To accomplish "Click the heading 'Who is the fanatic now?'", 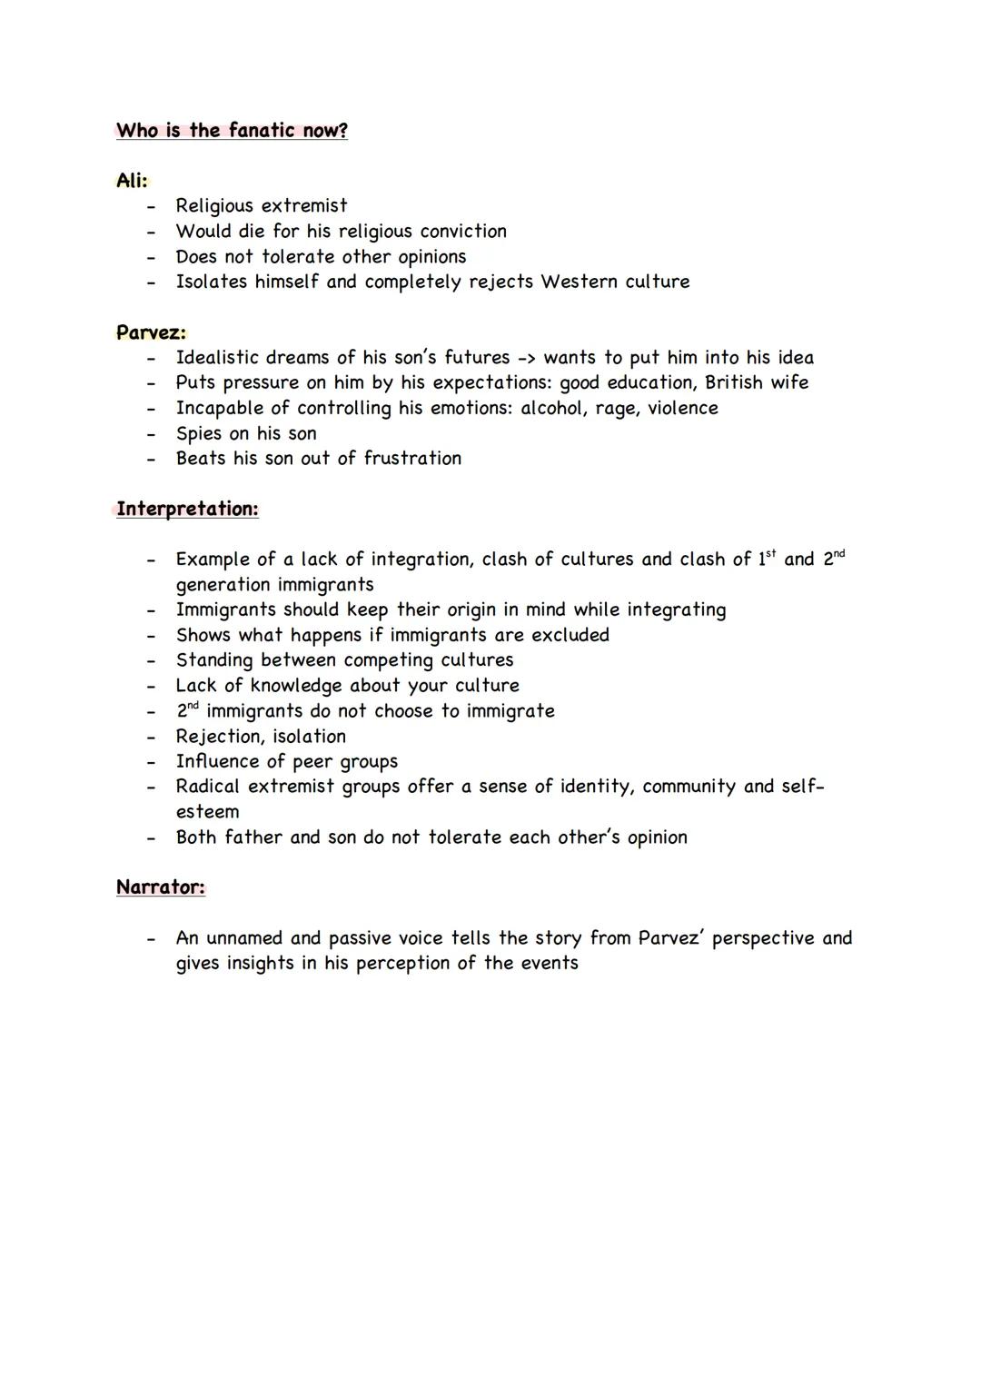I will click(232, 131).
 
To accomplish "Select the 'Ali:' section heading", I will click(132, 181).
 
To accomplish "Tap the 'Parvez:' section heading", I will click(151, 332).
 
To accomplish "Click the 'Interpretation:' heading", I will click(187, 509).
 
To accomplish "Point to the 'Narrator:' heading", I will click(161, 887).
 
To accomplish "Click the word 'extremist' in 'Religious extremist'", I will click(304, 206).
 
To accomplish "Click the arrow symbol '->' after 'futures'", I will click(527, 358).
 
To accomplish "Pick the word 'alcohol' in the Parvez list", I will click(553, 408).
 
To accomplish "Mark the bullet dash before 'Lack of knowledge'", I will click(151, 686).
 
